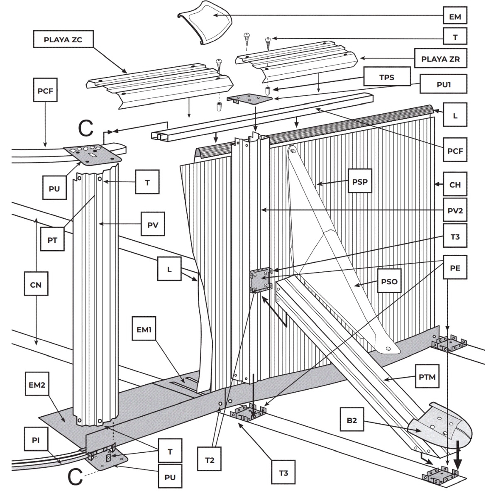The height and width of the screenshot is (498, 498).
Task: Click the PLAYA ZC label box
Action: (63, 39)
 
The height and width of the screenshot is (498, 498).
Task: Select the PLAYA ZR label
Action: (440, 59)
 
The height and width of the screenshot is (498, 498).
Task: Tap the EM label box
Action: (455, 17)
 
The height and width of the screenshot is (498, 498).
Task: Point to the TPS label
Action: (386, 77)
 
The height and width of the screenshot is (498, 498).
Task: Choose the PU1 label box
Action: (443, 84)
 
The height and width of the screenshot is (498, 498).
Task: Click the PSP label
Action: (359, 181)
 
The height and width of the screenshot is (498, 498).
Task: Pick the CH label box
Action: (455, 184)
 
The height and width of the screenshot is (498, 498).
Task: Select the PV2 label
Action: (455, 210)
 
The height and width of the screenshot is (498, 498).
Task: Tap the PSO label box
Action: (389, 281)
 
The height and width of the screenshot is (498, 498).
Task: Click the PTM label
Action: (427, 377)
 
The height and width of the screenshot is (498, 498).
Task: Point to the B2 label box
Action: (352, 420)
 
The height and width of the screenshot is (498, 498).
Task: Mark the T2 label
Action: (210, 460)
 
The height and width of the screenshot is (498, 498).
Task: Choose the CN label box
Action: (36, 284)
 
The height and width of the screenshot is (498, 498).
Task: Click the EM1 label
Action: (144, 330)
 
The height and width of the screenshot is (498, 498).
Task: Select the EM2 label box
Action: (37, 385)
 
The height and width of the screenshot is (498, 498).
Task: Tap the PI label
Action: (36, 439)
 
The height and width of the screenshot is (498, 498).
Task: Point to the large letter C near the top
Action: (86, 128)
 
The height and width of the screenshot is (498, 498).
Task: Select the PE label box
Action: (455, 268)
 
